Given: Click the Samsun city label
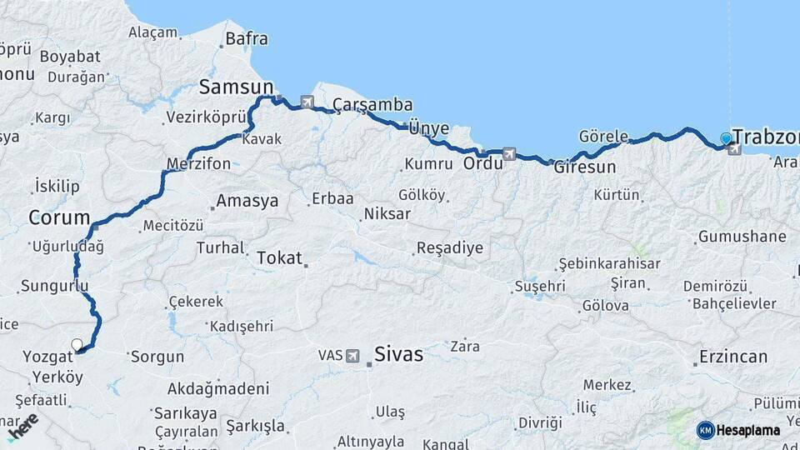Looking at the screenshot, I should tap(236, 87).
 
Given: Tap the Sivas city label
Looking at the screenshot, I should tap(398, 354).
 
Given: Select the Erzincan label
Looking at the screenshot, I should tap(733, 357).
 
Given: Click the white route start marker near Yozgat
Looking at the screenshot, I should tap(77, 344).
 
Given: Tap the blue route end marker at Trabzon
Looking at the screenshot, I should tap(727, 138).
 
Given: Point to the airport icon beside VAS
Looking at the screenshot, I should tap(352, 356).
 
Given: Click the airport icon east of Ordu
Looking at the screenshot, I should tap(509, 153).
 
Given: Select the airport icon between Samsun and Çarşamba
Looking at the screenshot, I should tap(307, 102).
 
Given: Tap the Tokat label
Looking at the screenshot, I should tap(279, 257).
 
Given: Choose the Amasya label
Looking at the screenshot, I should tap(247, 201).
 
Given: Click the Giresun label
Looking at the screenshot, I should tap(585, 167).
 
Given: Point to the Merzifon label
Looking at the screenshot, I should tap(198, 164).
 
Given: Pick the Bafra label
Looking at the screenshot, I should tap(246, 38).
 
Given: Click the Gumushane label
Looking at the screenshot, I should tap(742, 237).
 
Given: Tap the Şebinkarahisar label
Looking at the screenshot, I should tap(608, 263).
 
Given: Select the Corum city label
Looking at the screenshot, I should tap(58, 218).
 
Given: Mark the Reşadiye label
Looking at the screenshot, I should tap(449, 248).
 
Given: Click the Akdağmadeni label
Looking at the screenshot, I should tap(218, 388).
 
